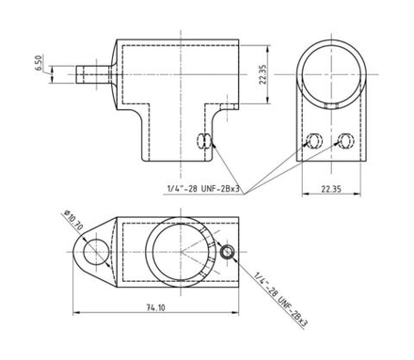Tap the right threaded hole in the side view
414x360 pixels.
pos(344,141)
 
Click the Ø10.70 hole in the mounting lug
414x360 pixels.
pos(95,251)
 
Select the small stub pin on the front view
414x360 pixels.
pos(91,72)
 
